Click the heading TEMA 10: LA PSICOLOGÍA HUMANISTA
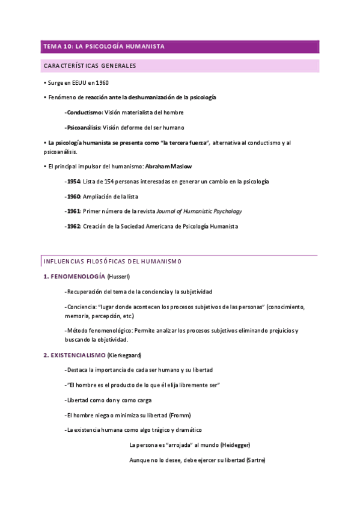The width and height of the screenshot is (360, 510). click(103, 46)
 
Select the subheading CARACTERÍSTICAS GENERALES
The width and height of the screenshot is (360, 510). click(89, 66)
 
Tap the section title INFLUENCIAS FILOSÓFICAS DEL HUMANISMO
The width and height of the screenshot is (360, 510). click(112, 261)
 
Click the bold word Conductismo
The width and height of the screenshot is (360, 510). click(84, 112)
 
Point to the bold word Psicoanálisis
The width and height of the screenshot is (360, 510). click(84, 127)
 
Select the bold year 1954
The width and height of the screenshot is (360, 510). click(74, 181)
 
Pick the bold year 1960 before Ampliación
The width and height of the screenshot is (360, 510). click(74, 197)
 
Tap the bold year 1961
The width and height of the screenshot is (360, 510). click(74, 212)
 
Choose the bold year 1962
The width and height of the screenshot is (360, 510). click(74, 227)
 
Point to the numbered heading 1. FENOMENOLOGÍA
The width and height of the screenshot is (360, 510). click(75, 276)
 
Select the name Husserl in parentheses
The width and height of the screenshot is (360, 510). click(118, 276)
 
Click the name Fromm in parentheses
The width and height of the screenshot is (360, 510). click(180, 415)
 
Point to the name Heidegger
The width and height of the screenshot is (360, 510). click(234, 445)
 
